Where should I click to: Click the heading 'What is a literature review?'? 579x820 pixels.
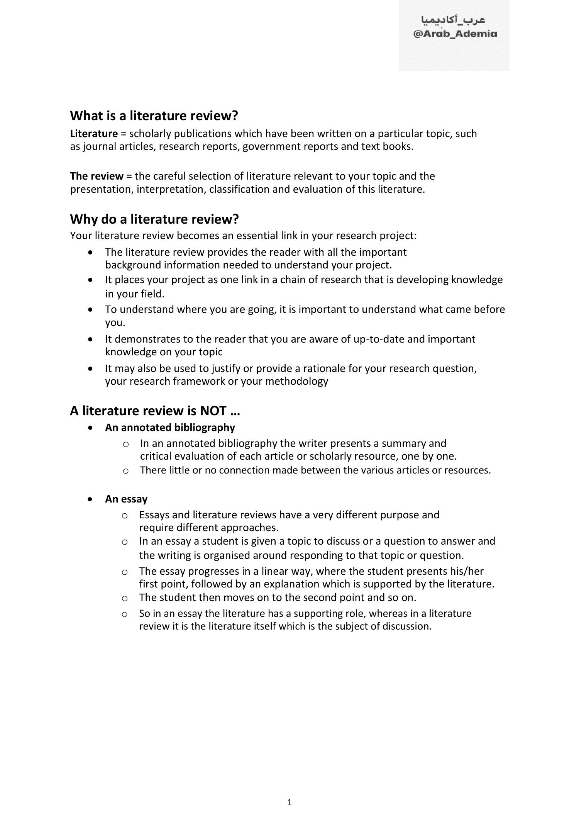tap(154, 115)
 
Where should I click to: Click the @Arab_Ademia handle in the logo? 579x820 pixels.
tap(455, 34)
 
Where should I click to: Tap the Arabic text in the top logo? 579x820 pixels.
tap(453, 20)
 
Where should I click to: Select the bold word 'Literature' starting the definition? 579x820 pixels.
tap(94, 134)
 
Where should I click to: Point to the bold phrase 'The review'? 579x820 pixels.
tap(96, 176)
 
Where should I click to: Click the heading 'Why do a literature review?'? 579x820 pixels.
tap(154, 219)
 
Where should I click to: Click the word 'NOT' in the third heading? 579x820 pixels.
tap(213, 411)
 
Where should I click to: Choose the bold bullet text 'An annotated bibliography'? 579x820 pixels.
tap(170, 428)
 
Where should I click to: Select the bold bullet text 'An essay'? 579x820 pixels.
tap(126, 499)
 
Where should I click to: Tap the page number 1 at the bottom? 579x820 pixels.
tap(289, 803)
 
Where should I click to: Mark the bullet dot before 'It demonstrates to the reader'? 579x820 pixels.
tap(90, 339)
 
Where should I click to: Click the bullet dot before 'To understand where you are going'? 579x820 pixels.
tap(90, 309)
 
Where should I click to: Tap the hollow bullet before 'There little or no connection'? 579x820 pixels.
tap(125, 471)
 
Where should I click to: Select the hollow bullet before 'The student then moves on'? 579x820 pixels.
tap(124, 598)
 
